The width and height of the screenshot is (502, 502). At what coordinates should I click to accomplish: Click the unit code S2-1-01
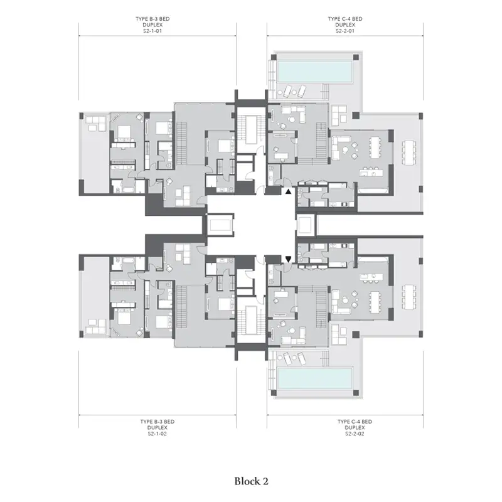152,31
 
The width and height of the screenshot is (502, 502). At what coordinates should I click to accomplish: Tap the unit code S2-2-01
345,31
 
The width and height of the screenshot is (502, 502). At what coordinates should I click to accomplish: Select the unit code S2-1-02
158,434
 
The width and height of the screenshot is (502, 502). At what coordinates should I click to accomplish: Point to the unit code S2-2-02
355,434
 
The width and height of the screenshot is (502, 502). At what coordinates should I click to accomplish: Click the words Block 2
252,481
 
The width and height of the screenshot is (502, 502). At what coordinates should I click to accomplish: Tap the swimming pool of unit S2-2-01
315,72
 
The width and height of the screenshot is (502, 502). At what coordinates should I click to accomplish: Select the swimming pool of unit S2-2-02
315,378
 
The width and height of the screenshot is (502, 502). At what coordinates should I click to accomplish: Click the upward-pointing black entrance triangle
289,192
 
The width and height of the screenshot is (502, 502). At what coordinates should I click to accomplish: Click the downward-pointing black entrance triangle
289,259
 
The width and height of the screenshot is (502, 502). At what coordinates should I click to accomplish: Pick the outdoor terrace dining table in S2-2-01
409,152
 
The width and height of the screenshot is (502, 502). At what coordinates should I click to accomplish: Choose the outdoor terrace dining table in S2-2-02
409,297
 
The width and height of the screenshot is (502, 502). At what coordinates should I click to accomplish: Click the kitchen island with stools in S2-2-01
371,171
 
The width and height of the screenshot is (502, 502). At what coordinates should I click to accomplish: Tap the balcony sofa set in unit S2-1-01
95,123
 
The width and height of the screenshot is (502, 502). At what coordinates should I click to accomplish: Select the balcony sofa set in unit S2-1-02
95,326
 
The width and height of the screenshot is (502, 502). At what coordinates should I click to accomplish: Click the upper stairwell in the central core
252,131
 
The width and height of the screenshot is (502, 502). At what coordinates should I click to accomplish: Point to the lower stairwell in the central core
252,320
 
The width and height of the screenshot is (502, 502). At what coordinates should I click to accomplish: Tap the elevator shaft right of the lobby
306,225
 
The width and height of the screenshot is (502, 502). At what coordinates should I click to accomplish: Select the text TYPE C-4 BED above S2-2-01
345,19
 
